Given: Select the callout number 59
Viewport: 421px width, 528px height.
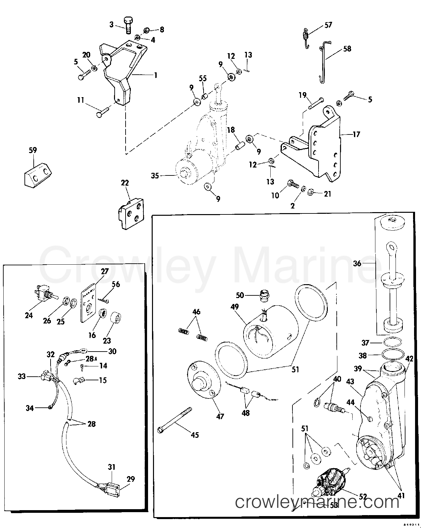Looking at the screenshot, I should pyautogui.click(x=33, y=150).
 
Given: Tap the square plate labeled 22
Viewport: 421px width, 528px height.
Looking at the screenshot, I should pyautogui.click(x=131, y=213).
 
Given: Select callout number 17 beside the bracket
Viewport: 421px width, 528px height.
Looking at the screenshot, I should pyautogui.click(x=356, y=134).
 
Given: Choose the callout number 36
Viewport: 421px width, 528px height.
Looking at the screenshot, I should pyautogui.click(x=357, y=263).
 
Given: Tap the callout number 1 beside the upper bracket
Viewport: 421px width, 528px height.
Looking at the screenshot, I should pyautogui.click(x=155, y=75).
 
